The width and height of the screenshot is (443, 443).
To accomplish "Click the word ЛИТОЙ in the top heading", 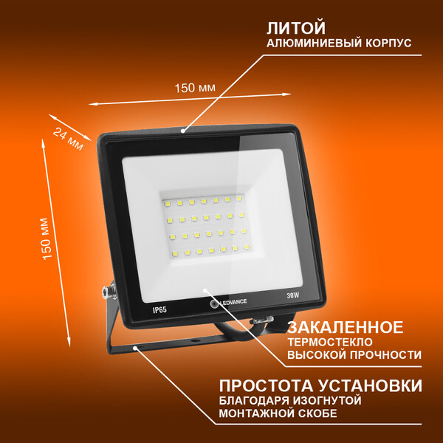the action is (296, 28).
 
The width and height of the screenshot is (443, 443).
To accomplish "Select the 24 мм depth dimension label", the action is (69, 139).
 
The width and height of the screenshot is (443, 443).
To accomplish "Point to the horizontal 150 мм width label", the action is (195, 88).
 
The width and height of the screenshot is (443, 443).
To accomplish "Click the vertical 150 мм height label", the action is (47, 238).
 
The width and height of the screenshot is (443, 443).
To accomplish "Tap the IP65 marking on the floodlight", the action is (159, 310).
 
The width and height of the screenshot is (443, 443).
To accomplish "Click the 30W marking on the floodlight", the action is (292, 295).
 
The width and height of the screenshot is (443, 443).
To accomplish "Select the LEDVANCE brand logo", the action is (229, 302).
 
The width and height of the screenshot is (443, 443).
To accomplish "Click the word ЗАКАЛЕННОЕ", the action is (346, 327).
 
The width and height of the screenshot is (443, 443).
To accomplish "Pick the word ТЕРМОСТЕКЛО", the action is (330, 342).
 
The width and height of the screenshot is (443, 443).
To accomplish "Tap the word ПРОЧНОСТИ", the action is (386, 354).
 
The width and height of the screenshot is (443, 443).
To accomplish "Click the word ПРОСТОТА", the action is (266, 385).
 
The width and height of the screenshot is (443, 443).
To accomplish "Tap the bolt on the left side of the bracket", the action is (109, 292).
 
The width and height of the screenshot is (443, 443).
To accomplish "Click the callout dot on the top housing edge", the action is (183, 131).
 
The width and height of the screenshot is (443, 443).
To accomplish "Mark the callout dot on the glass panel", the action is (205, 290).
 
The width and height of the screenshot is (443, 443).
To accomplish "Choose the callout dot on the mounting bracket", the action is (135, 348).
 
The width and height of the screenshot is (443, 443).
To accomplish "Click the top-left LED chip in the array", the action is (167, 203).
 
